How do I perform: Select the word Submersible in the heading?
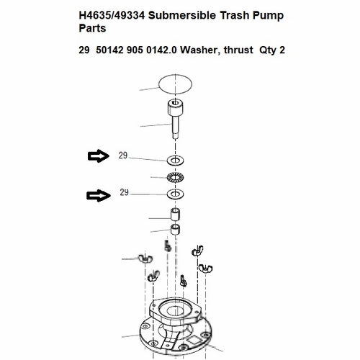[184, 16]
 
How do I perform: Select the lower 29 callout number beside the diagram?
[124, 193]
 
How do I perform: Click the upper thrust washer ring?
[174, 160]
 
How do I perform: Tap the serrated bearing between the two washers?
[174, 177]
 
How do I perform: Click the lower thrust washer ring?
[174, 194]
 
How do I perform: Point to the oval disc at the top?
[175, 83]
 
